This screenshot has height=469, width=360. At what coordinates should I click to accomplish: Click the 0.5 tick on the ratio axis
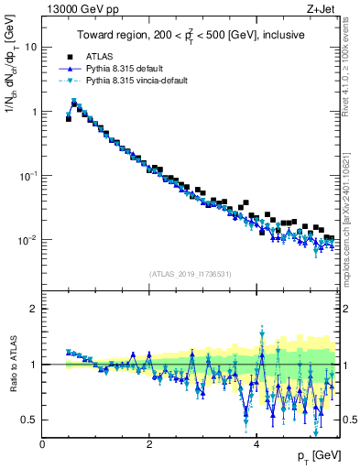tap(29, 420)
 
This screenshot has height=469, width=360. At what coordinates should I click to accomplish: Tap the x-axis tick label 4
tap(256, 444)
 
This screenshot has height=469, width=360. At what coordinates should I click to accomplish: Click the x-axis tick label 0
tap(42, 444)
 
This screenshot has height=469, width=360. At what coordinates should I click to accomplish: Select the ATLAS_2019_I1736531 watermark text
tap(191, 274)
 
